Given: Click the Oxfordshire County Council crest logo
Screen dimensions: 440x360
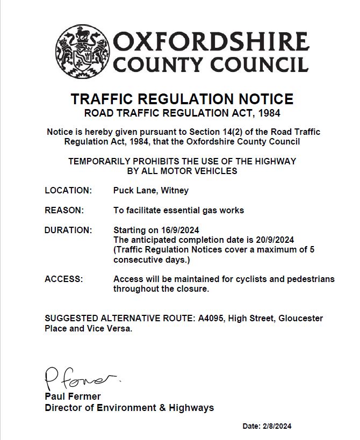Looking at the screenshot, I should [82, 51].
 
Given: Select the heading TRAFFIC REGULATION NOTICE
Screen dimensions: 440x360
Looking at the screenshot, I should [182, 99].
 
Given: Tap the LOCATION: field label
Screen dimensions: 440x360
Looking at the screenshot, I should [68, 191].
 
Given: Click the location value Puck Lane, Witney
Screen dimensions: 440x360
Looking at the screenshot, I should [151, 191].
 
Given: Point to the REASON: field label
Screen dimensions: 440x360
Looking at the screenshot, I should [64, 210].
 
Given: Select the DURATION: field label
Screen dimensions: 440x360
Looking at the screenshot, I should [68, 230].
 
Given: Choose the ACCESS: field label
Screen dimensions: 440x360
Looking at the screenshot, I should [64, 279].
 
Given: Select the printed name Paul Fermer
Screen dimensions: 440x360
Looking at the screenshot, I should [73, 396].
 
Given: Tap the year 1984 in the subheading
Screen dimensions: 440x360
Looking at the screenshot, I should [269, 113].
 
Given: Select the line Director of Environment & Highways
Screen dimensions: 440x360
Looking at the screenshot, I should [129, 408].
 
